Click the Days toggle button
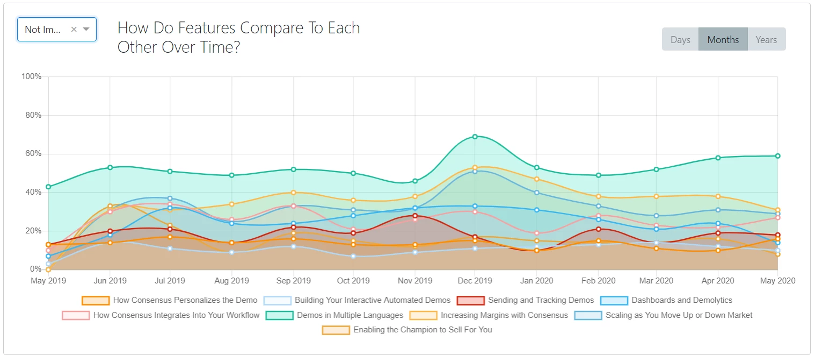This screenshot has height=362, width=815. pos(680,40)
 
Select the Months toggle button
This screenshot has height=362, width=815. pos(723,40)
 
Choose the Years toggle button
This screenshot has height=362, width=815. pos(766,40)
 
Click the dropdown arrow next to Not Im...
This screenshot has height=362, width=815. pos(86,30)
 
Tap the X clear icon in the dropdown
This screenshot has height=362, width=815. pos(74,30)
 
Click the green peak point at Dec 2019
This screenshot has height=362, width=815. pos(475,137)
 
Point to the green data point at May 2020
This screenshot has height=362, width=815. pos(777,156)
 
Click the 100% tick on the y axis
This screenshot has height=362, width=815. pos(31,77)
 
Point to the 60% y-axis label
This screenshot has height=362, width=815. pos(32,154)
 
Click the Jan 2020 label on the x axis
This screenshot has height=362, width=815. pos(536,281)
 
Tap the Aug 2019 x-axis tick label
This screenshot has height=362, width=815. pos(231,281)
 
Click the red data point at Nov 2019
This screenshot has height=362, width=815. pos(414,216)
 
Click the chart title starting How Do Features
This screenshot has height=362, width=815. pos(238,37)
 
